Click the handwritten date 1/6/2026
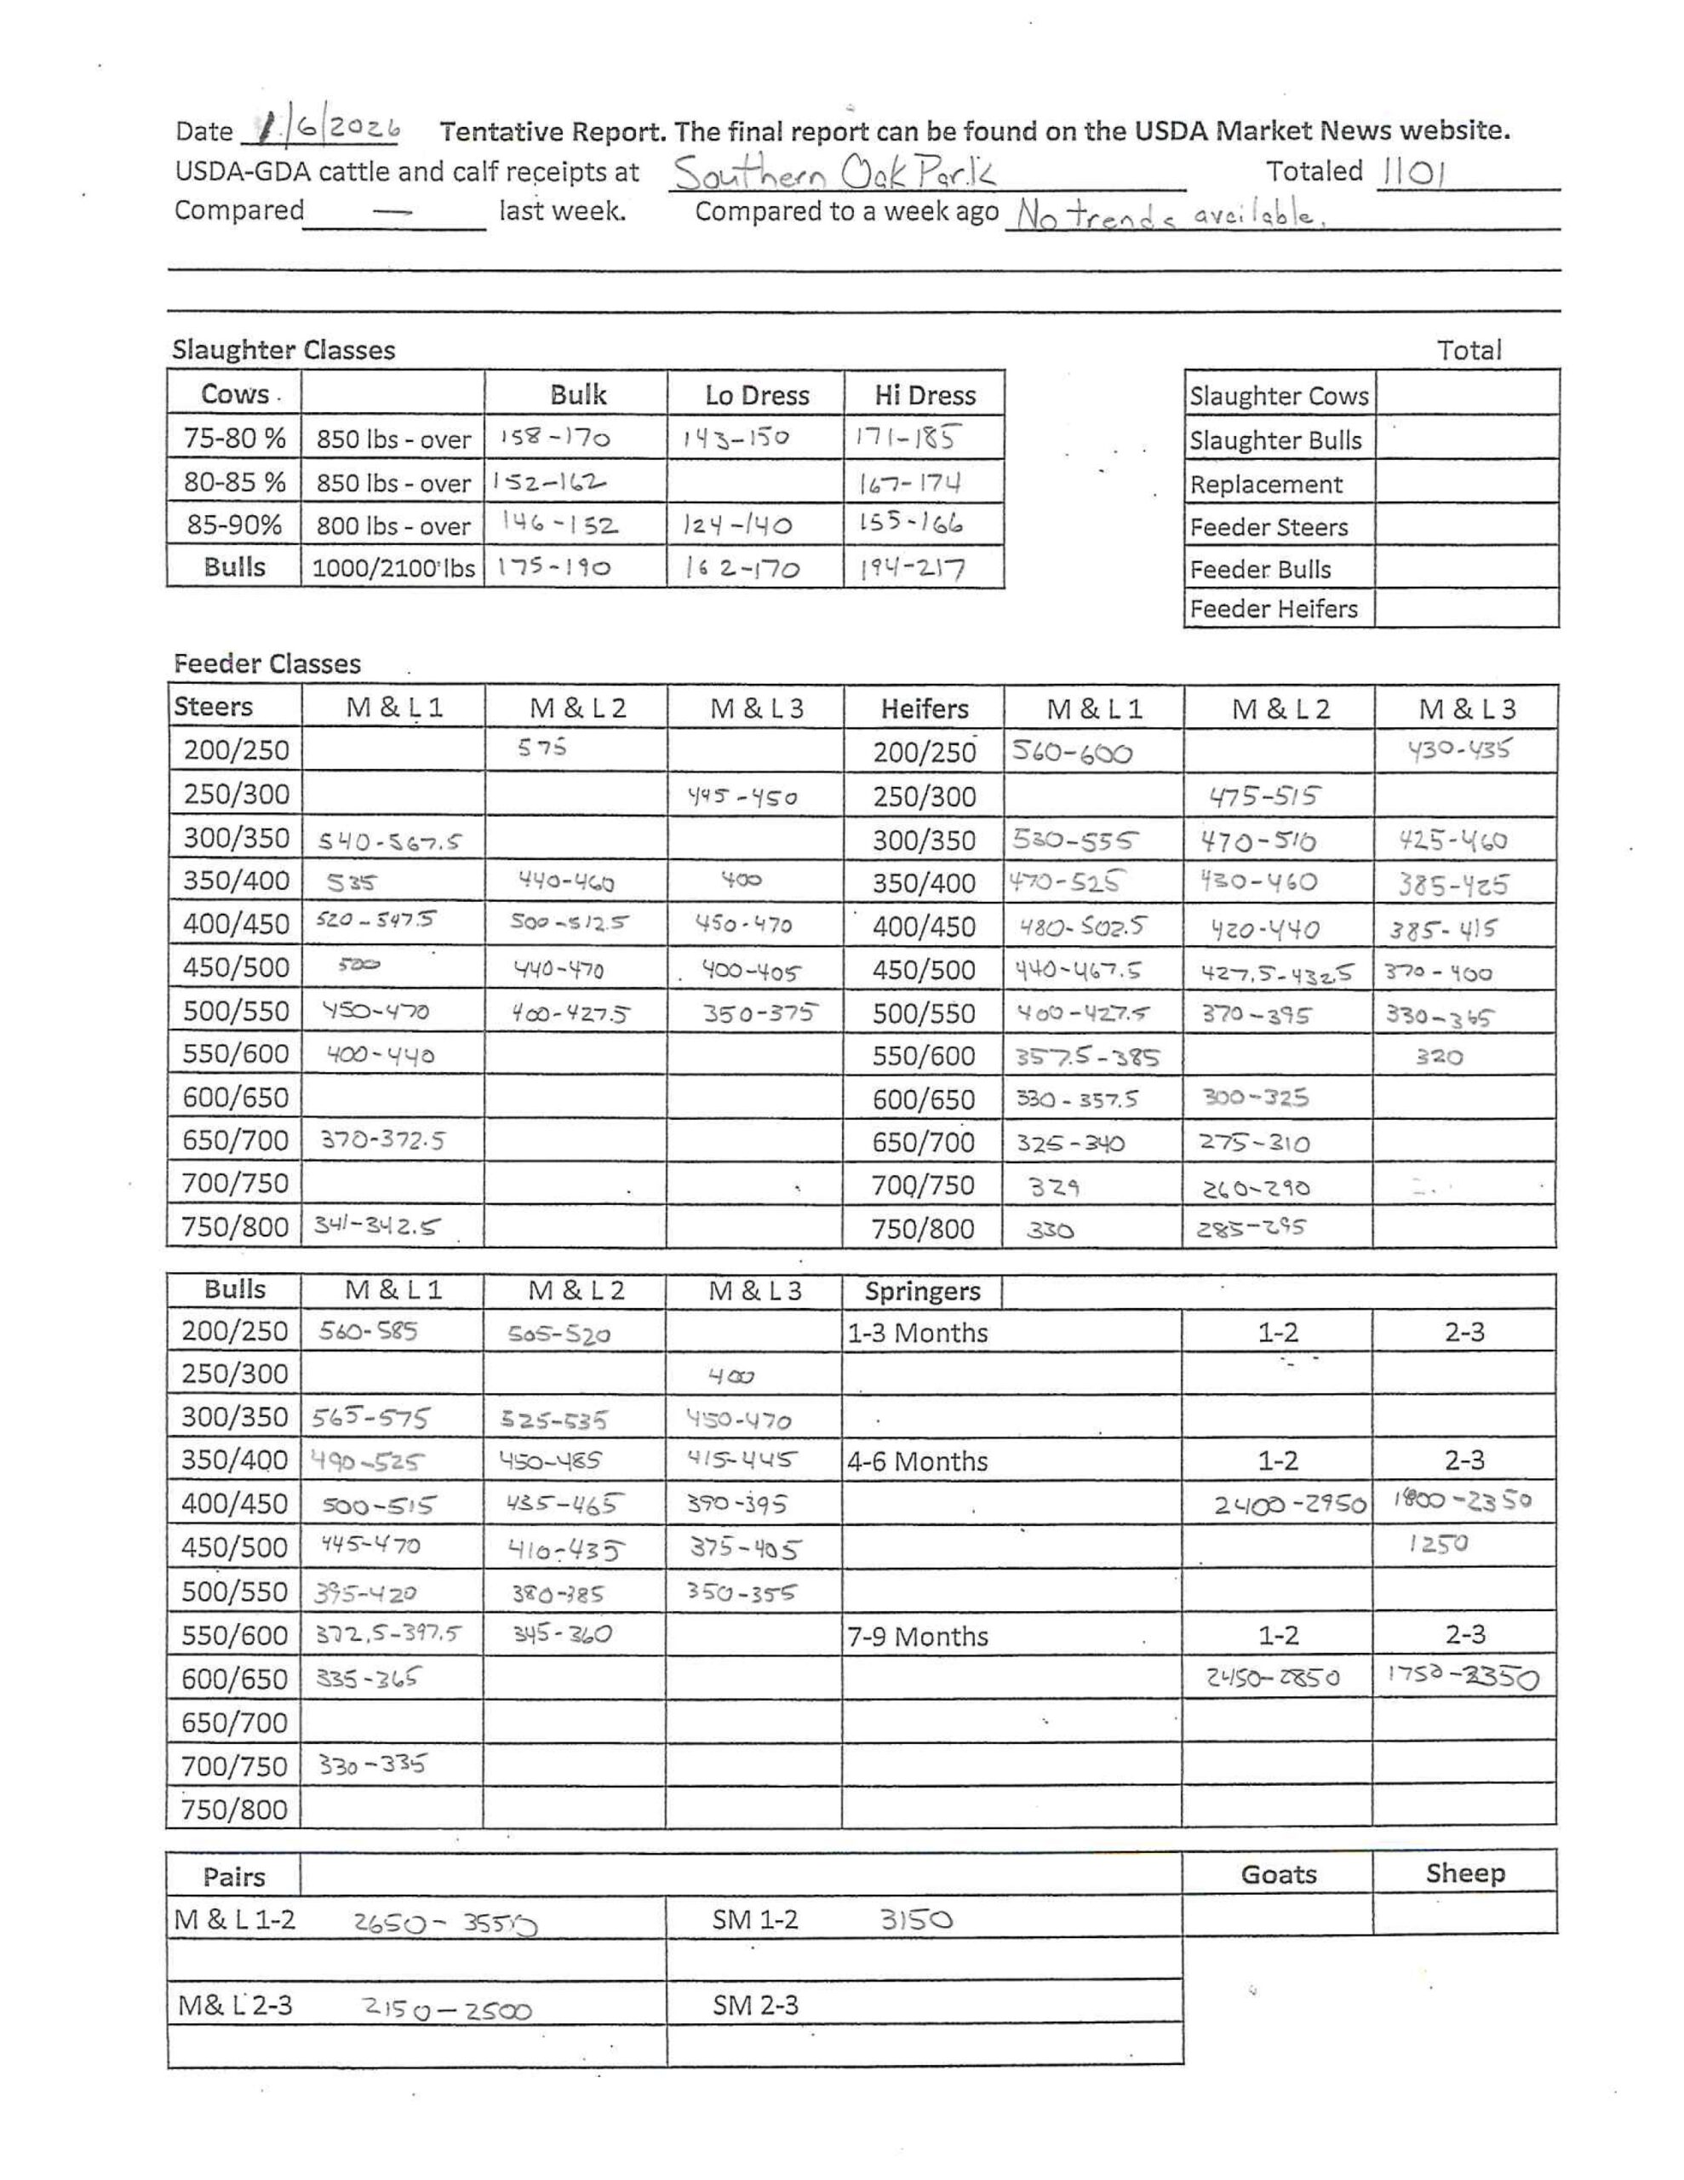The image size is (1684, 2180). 328,128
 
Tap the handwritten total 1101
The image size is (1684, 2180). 1412,174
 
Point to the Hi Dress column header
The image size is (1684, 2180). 925,395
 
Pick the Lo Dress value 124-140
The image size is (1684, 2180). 737,525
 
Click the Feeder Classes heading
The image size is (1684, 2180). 266,663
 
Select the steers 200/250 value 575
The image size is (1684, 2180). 542,747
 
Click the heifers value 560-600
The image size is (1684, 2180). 1072,752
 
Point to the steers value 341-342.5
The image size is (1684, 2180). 377,1225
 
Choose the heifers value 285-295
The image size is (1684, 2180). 1251,1228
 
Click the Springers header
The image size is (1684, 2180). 922,1292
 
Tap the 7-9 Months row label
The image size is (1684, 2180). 918,1637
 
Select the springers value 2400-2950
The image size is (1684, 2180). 1289,1504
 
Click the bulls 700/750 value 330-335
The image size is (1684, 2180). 371,1764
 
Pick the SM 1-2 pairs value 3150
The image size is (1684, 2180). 915,1919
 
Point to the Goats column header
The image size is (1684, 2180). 1278,1874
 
